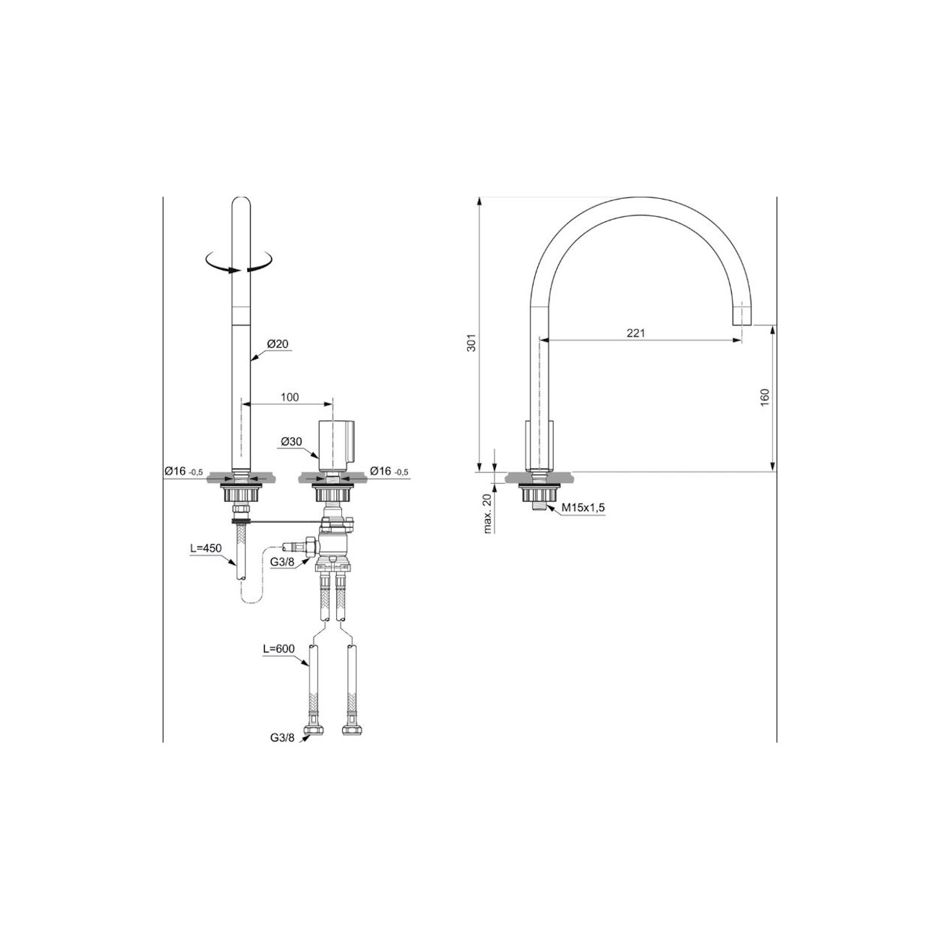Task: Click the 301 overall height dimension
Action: click(x=471, y=343)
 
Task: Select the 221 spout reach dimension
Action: click(x=635, y=333)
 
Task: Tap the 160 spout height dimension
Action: click(x=765, y=397)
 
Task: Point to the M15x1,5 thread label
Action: click(x=584, y=508)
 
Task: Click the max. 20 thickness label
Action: click(x=488, y=515)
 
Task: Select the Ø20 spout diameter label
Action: click(x=278, y=344)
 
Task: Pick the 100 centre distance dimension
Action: click(x=289, y=397)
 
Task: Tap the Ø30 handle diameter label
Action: click(x=291, y=441)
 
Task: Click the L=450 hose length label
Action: click(x=206, y=549)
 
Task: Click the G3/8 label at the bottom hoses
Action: click(x=283, y=738)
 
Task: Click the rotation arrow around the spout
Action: click(x=239, y=262)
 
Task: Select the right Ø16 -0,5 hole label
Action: click(x=389, y=471)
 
